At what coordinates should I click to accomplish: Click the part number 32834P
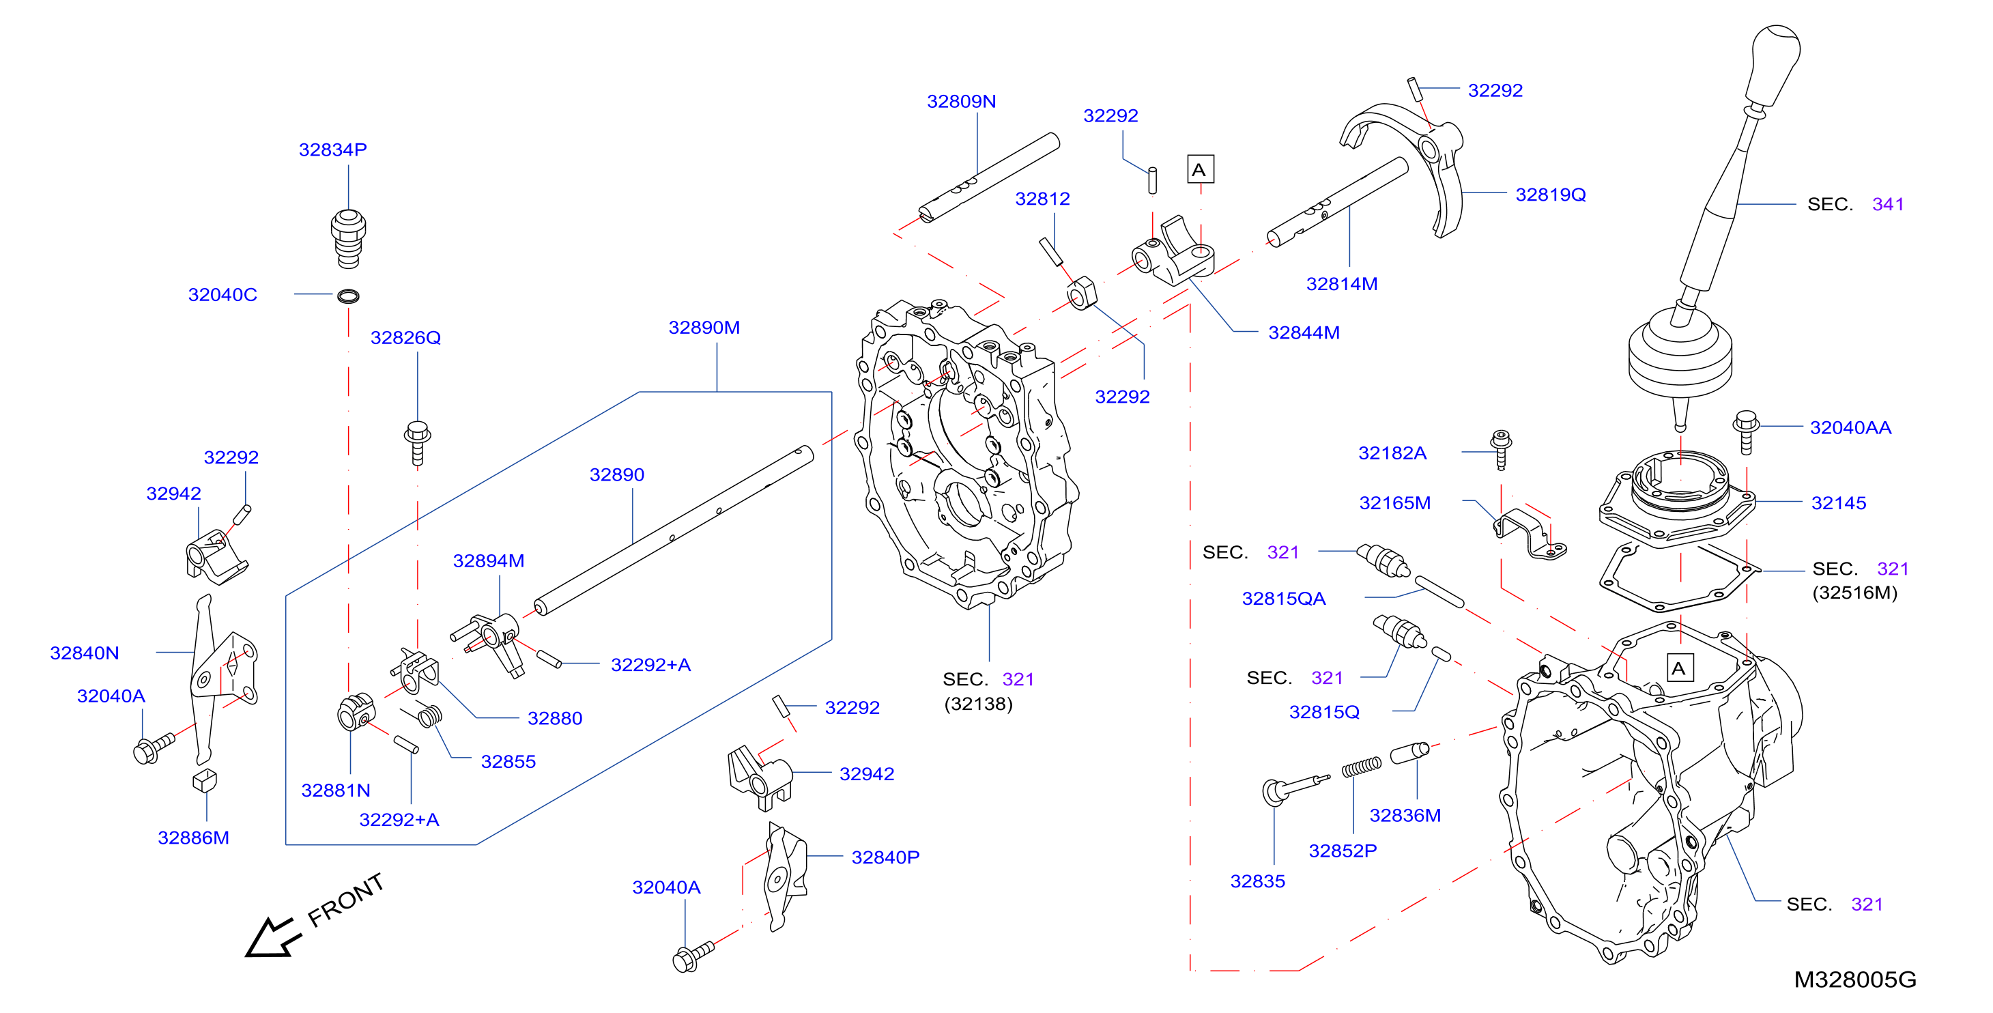click(x=332, y=149)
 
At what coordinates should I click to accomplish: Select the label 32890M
click(x=704, y=328)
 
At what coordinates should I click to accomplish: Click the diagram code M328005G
click(x=1854, y=980)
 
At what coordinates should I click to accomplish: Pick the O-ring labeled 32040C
click(x=348, y=296)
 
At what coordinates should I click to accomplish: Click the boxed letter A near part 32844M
click(x=1200, y=169)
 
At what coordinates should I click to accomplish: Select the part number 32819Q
click(x=1551, y=195)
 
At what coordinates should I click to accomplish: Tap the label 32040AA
click(x=1850, y=427)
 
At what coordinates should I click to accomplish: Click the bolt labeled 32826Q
click(x=418, y=442)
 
